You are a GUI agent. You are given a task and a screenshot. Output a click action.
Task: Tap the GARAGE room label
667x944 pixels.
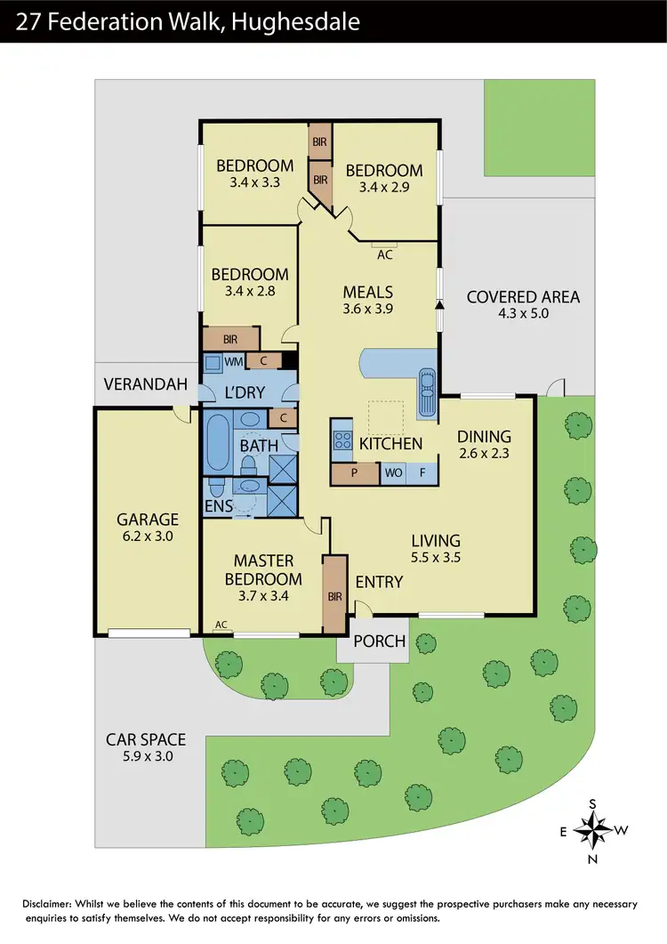tap(148, 520)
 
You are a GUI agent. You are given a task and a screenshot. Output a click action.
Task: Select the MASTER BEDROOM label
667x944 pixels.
tap(263, 569)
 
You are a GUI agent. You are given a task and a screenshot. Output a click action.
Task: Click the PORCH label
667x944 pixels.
tap(380, 641)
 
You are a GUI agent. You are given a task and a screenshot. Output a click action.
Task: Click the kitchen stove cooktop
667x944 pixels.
tap(342, 440)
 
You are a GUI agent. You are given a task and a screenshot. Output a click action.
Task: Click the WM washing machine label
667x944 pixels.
tap(233, 361)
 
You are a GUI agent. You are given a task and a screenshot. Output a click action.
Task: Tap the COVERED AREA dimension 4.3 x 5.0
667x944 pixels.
tap(523, 313)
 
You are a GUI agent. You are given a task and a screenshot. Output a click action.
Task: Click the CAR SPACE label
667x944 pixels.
tap(146, 739)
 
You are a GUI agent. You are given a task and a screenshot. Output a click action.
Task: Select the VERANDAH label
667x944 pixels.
tap(146, 384)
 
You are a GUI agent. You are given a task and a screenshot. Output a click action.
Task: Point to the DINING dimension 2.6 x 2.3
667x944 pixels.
tap(485, 452)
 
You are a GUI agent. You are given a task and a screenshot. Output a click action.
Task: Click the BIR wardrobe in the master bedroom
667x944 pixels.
tap(334, 594)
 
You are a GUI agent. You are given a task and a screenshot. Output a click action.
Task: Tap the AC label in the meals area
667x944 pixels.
tap(385, 254)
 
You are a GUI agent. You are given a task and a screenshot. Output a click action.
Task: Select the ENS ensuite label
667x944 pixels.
tap(218, 506)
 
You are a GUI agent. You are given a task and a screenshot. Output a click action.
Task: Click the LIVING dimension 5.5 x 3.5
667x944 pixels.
tap(435, 556)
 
